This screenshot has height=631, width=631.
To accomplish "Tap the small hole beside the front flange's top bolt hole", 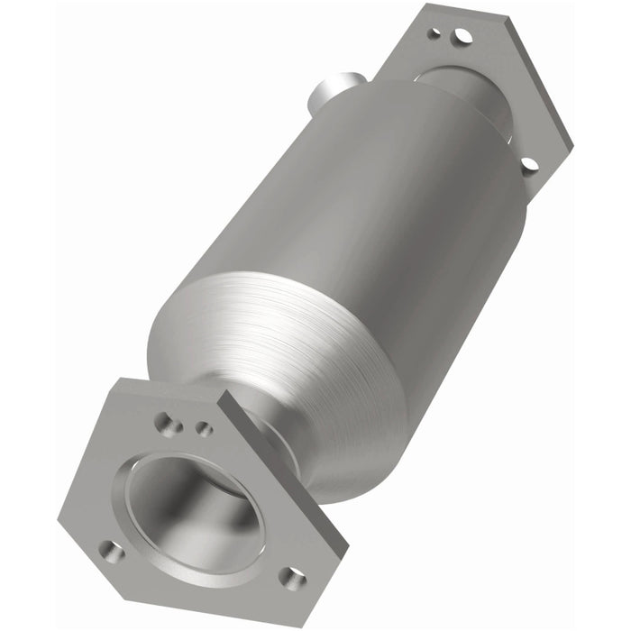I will (x=205, y=428).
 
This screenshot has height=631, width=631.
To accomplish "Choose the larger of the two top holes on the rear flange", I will (x=462, y=36).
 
